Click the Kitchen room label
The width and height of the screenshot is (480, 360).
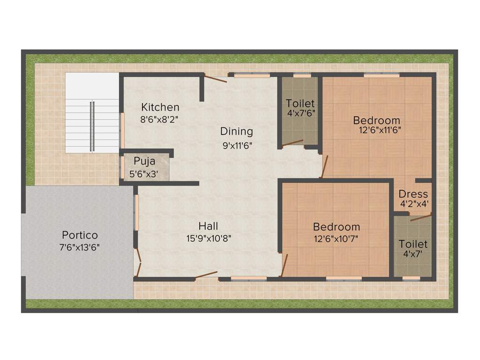160,107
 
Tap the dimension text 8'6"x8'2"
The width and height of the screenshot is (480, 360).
159,119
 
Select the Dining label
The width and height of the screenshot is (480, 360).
237,131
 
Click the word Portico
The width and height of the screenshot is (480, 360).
80,235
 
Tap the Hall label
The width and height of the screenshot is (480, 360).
208,226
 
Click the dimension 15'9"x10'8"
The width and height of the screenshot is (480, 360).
209,238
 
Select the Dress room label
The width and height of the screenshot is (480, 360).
413,194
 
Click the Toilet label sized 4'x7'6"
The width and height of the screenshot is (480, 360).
300,103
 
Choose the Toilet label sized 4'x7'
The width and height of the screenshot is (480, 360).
413,244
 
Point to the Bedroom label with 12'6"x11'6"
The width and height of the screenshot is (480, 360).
376,120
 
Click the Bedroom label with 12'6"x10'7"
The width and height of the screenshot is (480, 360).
337,227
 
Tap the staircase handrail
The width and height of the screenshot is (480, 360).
93,126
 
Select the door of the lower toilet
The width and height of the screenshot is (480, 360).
421,217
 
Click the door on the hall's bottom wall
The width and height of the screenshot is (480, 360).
206,275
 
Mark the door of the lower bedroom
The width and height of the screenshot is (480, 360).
284,265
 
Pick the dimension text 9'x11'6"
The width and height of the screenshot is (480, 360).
238,145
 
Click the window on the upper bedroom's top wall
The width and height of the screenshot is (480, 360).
382,75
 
